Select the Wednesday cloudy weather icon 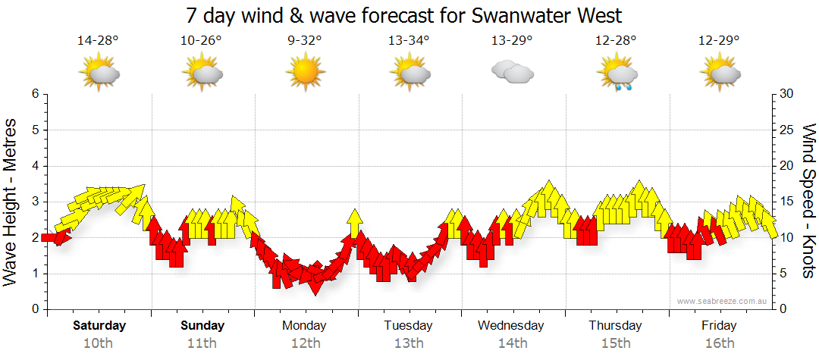[x=512, y=72]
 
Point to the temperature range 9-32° [x=305, y=41]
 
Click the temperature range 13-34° [x=409, y=41]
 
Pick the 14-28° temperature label [x=98, y=41]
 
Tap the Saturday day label [x=99, y=326]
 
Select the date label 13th [x=409, y=343]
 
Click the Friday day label [x=719, y=326]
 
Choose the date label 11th [x=202, y=343]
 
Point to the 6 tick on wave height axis [x=34, y=94]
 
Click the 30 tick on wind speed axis [x=788, y=94]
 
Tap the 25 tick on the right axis [x=788, y=130]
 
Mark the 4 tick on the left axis [x=34, y=166]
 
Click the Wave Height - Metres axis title [x=11, y=202]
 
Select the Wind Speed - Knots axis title [x=808, y=202]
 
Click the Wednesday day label [x=511, y=326]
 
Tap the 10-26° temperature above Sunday [x=201, y=41]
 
